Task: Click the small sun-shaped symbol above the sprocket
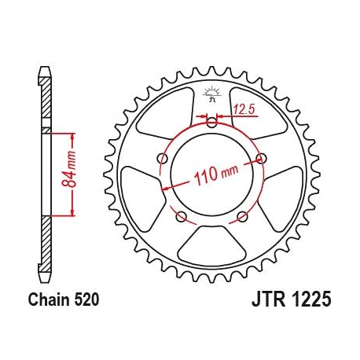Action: point(211,97)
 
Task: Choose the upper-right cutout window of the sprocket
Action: point(259,116)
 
